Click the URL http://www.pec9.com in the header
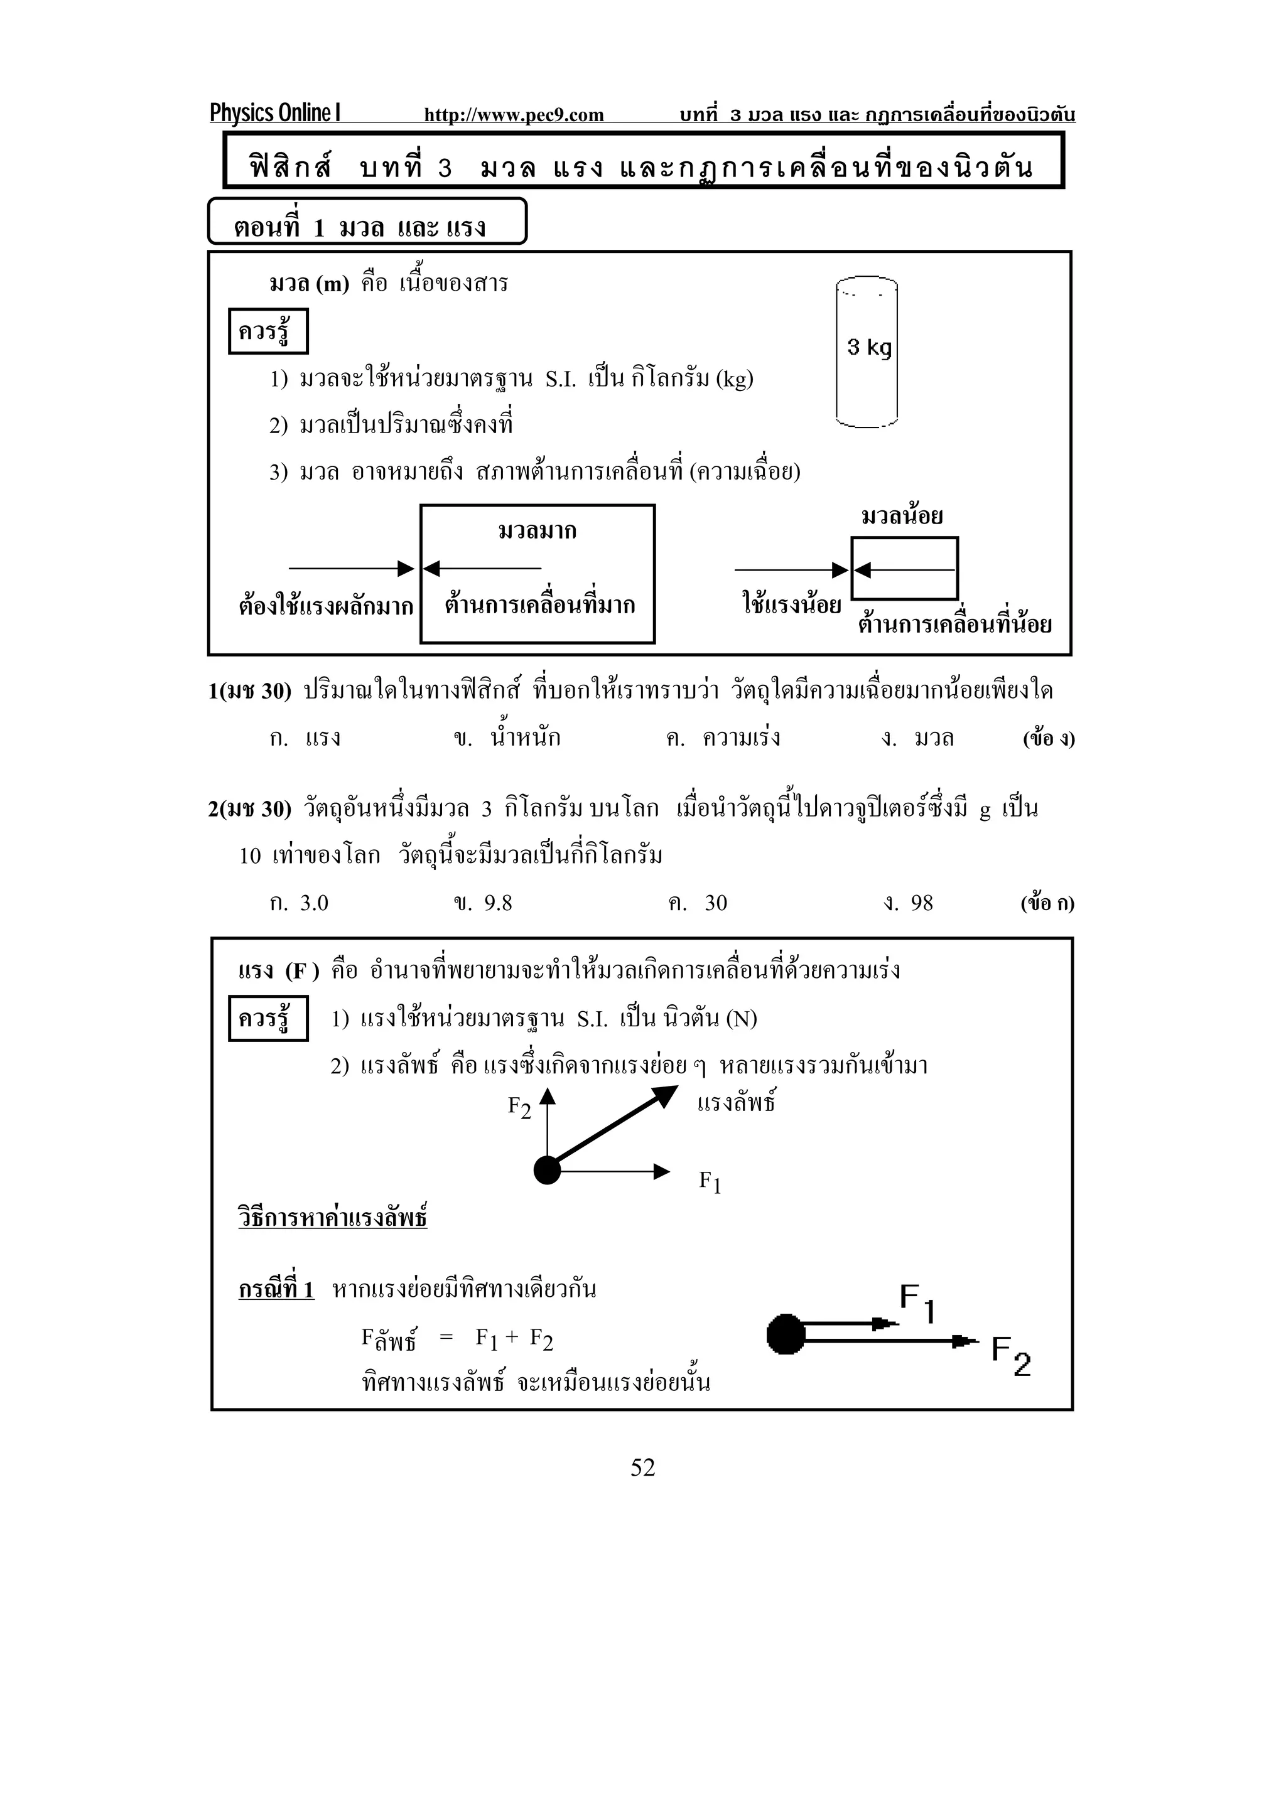coord(514,115)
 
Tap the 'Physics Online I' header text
coord(275,113)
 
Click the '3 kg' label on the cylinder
coord(868,347)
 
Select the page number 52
coord(642,1468)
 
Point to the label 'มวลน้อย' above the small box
coord(902,517)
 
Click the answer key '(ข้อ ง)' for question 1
coord(1048,738)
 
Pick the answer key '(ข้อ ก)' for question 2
coord(1047,903)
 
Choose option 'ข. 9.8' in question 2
coord(482,903)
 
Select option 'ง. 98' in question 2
coord(908,903)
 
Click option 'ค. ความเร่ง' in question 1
coord(723,738)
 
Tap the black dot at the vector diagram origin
coord(547,1170)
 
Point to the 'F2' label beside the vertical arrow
coord(519,1107)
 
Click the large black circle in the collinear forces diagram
coord(786,1335)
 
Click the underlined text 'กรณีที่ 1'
coord(276,1290)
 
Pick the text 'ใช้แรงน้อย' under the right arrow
coord(791,605)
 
